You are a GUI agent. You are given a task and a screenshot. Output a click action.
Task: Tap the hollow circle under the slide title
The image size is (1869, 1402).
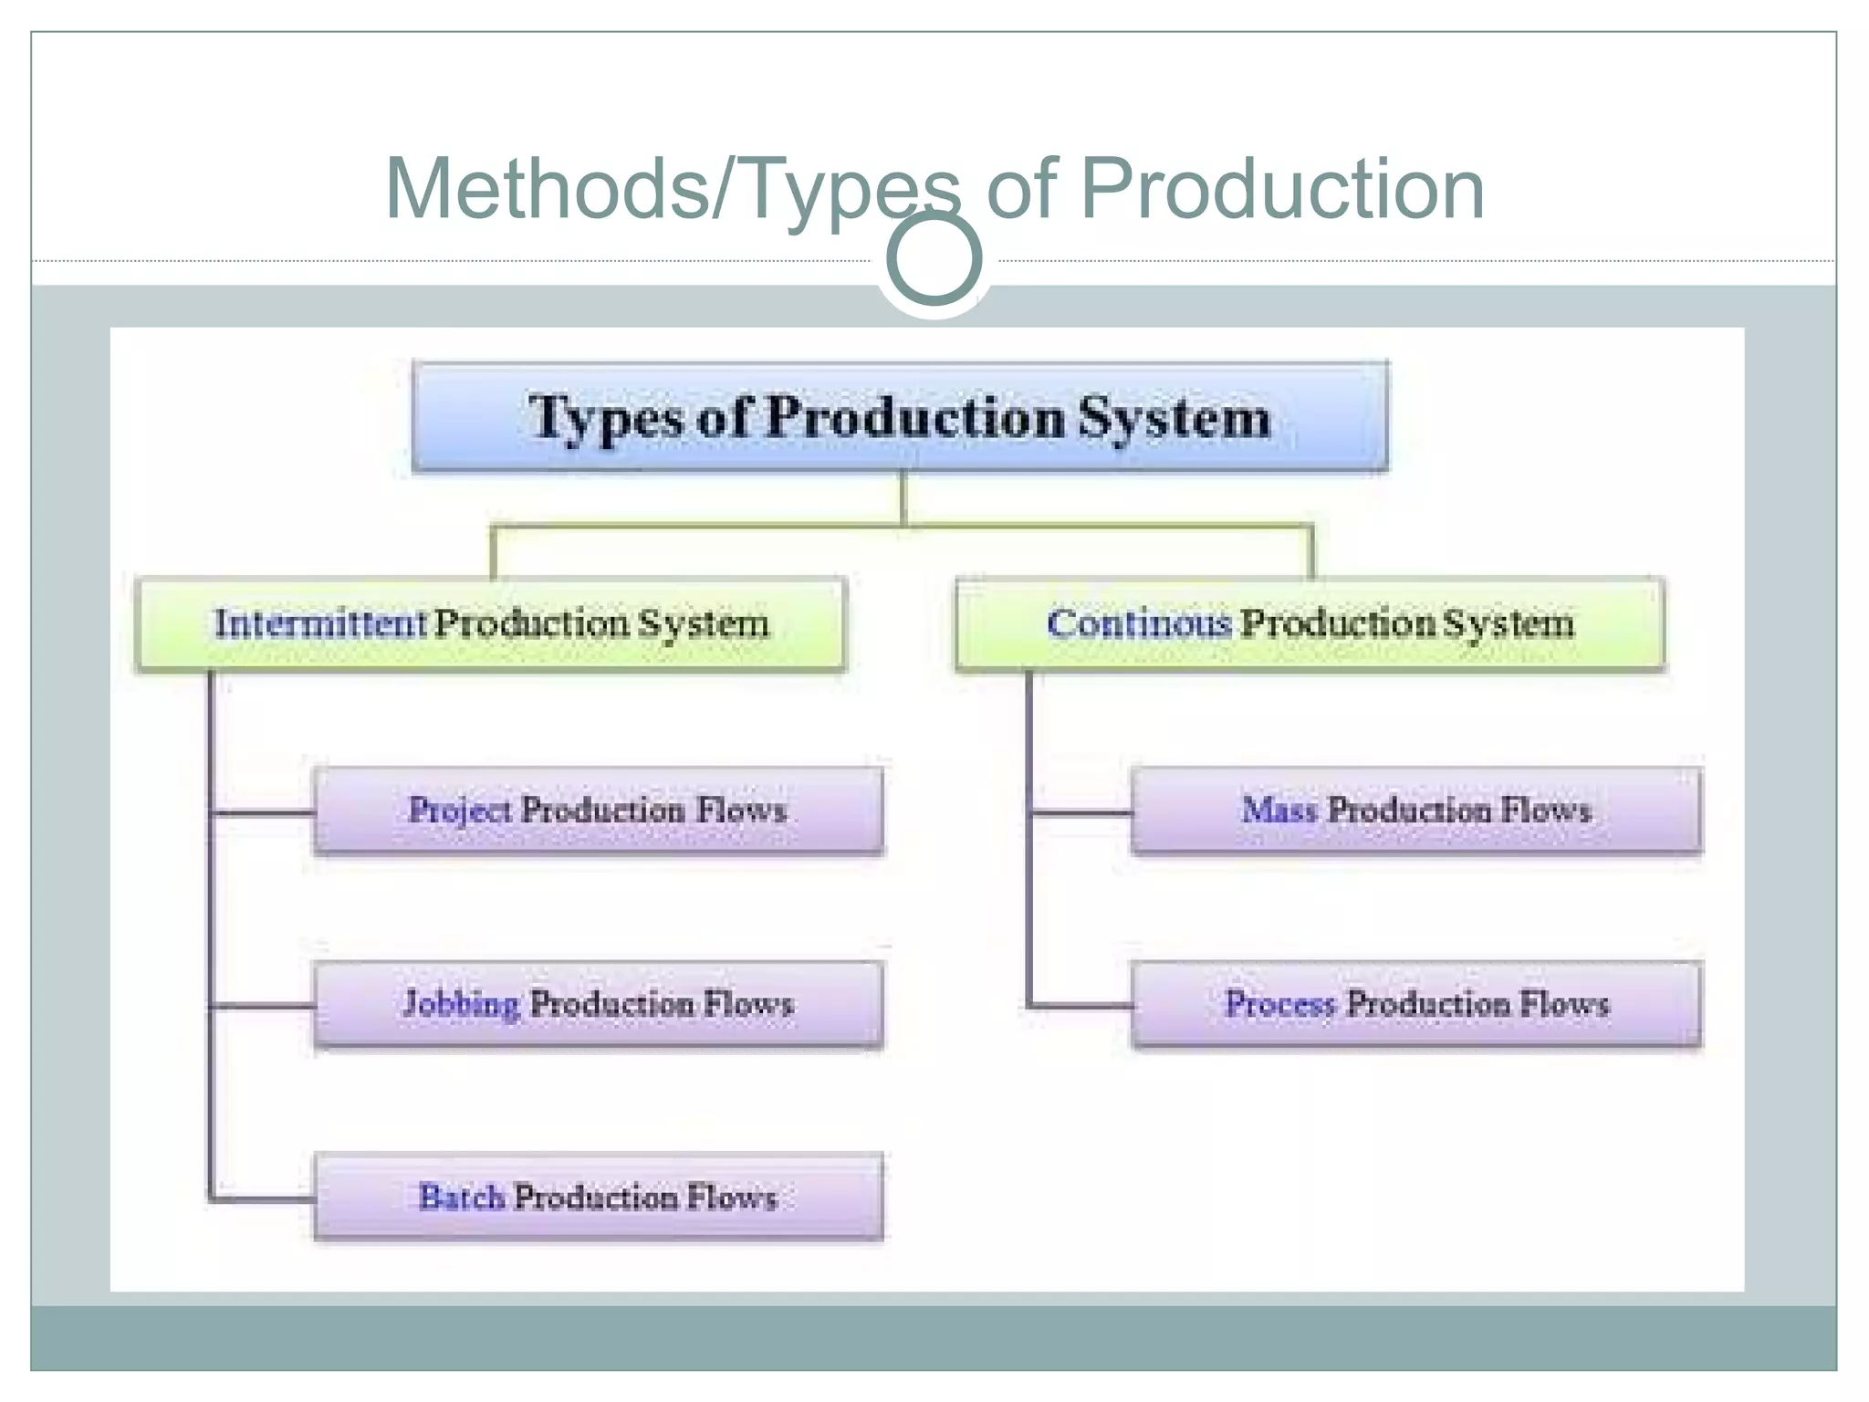pyautogui.click(x=934, y=258)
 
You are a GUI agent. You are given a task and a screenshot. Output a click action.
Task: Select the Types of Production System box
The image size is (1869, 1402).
pyautogui.click(x=900, y=417)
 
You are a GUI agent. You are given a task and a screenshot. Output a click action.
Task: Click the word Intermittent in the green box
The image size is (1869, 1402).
pyautogui.click(x=319, y=623)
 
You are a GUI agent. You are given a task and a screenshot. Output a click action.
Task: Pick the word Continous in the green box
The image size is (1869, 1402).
pyautogui.click(x=1138, y=623)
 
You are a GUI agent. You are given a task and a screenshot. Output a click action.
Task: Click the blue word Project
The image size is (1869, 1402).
pyautogui.click(x=460, y=811)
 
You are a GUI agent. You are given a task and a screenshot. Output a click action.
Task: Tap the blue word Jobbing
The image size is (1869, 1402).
pyautogui.click(x=462, y=1004)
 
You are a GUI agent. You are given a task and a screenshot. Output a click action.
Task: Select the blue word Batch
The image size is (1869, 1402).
pyautogui.click(x=461, y=1197)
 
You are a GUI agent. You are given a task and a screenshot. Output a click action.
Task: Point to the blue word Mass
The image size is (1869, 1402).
pyautogui.click(x=1279, y=811)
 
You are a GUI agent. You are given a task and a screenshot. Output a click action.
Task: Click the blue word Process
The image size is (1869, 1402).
pyautogui.click(x=1279, y=1004)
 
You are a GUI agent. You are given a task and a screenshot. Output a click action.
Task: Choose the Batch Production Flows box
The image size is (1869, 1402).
pyautogui.click(x=599, y=1197)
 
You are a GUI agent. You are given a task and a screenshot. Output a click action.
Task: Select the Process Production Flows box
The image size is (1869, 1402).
pyautogui.click(x=1416, y=1004)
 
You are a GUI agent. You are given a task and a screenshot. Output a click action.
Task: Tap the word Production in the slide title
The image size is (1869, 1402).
pyautogui.click(x=1281, y=189)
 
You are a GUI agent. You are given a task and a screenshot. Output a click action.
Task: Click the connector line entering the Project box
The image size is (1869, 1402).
pyautogui.click(x=263, y=811)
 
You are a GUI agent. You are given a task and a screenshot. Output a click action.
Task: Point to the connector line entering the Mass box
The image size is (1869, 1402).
pyautogui.click(x=1081, y=811)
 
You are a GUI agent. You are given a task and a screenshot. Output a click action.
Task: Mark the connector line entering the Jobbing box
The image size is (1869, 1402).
pyautogui.click(x=263, y=1006)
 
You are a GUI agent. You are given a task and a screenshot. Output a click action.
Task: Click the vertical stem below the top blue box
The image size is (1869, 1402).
pyautogui.click(x=903, y=498)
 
